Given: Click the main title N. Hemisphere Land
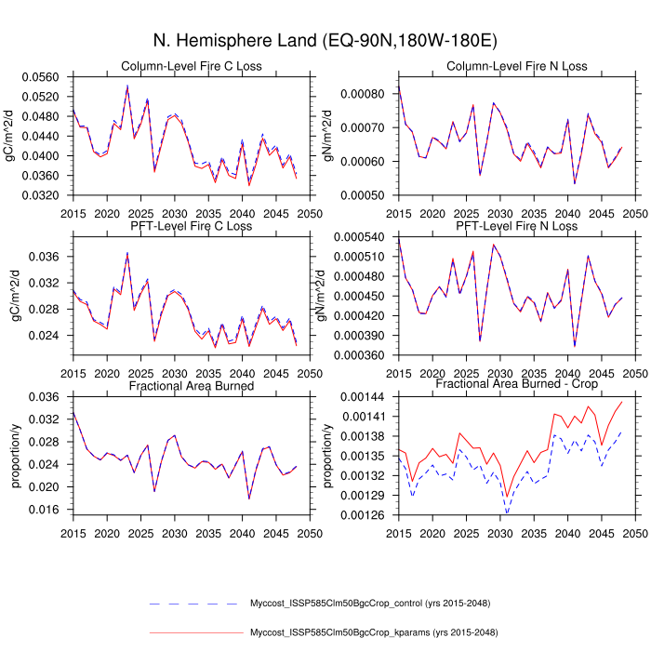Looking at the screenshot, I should (325, 41).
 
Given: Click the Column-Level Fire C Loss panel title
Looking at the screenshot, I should (192, 66).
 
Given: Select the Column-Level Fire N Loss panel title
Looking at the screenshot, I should (517, 66).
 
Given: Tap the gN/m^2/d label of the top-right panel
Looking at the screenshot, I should (327, 131).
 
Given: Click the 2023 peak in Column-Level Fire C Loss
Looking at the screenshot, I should (127, 86).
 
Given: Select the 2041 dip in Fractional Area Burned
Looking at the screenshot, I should (249, 498).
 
